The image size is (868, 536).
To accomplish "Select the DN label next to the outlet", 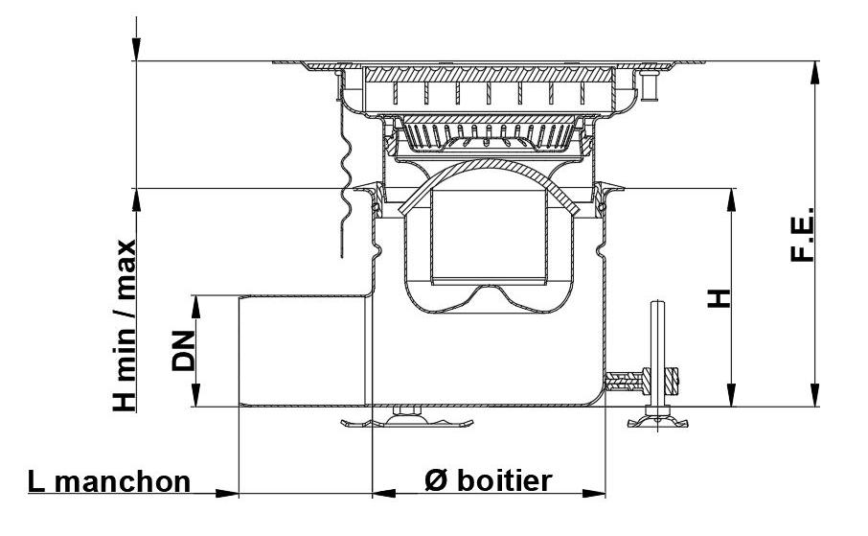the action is tap(183, 351).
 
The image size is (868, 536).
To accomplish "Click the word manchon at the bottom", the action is tap(121, 480).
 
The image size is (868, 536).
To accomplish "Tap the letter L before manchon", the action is tap(36, 480).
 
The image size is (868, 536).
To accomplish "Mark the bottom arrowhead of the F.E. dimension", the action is tap(816, 397).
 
